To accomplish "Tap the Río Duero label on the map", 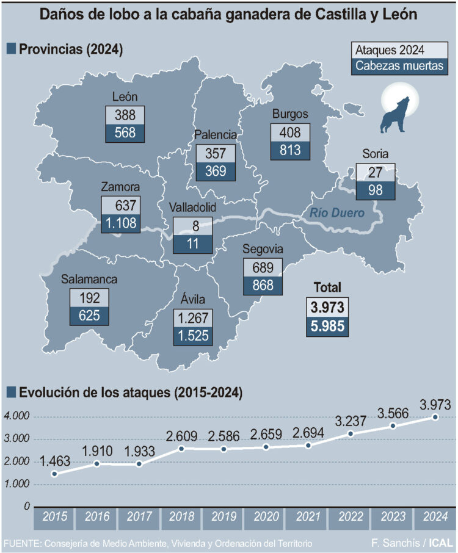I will pos(337,213).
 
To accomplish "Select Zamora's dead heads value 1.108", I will pos(121,223).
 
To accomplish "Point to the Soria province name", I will pos(375,154).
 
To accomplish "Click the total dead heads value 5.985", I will pos(329,326).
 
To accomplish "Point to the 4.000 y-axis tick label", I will pos(16,417).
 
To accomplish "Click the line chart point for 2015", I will pos(54,474).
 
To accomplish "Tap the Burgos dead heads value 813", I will pos(291,151).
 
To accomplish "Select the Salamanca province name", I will pos(89,280).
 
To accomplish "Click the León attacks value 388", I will pos(125,114).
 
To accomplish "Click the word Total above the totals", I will pos(327,287).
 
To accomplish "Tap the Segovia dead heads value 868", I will pos(263,285).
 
